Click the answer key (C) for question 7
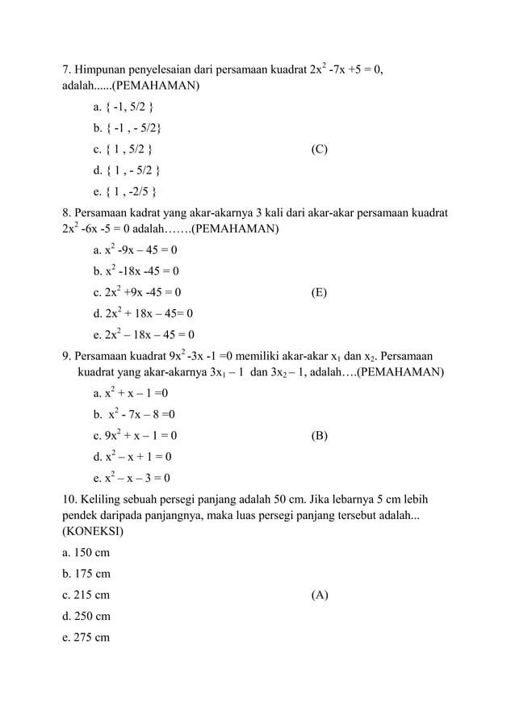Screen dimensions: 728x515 (x=319, y=149)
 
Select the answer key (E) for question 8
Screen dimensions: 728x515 (x=319, y=292)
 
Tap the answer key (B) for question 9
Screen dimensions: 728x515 (x=319, y=436)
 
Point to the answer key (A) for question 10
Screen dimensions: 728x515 (x=319, y=596)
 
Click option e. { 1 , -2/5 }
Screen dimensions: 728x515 (x=126, y=191)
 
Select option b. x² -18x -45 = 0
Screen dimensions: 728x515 (x=136, y=271)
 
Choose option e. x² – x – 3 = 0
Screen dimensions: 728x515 (x=133, y=478)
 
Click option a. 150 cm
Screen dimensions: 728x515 (x=86, y=554)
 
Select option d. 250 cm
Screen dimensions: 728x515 (x=86, y=617)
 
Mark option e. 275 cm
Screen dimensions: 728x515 (x=86, y=638)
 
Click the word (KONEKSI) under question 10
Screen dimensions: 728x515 (x=93, y=533)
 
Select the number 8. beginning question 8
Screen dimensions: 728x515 (x=68, y=212)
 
